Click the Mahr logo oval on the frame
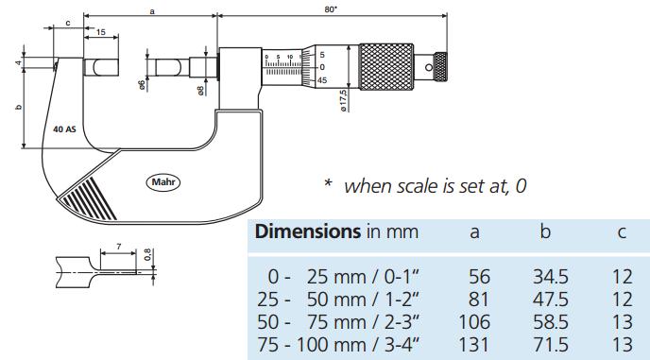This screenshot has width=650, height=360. [163, 182]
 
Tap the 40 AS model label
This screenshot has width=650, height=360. [64, 129]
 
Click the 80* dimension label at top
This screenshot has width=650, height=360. [331, 10]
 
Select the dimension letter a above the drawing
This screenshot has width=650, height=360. [152, 11]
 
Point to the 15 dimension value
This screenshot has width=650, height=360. [101, 32]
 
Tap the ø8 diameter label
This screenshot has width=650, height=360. [200, 91]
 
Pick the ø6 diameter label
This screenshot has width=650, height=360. [142, 85]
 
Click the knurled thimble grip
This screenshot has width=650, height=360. [385, 67]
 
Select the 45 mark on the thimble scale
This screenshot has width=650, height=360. [322, 80]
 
